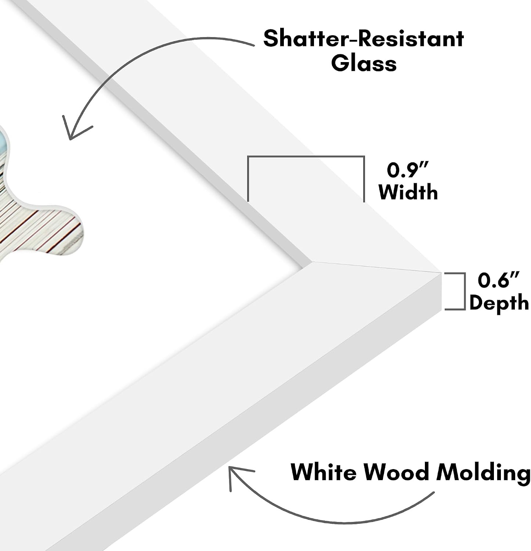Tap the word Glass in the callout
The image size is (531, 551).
pos(364,63)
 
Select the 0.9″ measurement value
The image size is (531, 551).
pos(408,170)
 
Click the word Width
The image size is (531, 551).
pos(408,192)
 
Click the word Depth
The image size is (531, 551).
pos(499,303)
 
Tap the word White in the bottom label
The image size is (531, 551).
pos(323,472)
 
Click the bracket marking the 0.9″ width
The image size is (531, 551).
pos(306,157)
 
